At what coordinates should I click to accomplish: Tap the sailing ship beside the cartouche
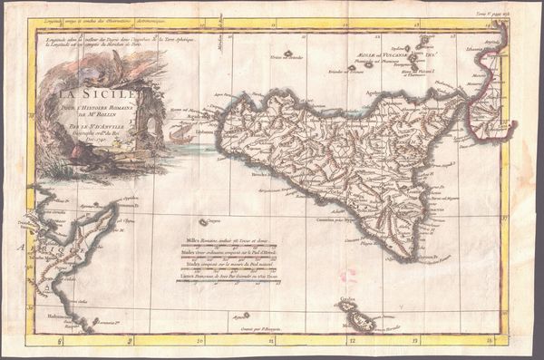(x=178, y=134)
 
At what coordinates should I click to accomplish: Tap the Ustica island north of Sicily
(x=288, y=54)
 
